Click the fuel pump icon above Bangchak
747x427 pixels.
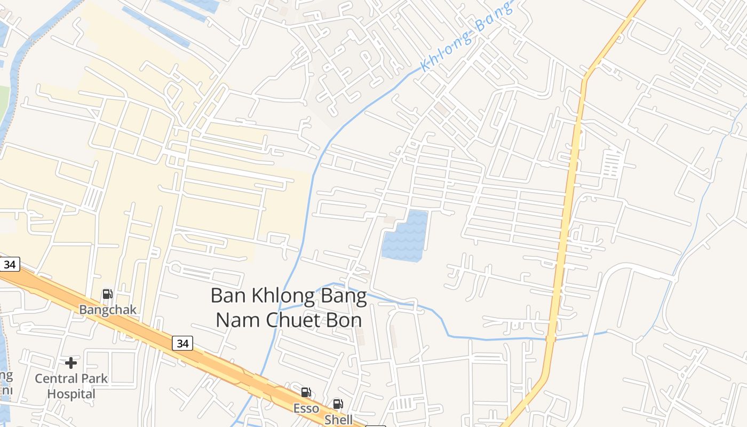[107, 294]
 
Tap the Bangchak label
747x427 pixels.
[108, 310]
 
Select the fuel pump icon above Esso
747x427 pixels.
[306, 393]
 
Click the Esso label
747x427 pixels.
[306, 408]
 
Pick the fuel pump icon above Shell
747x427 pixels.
[338, 404]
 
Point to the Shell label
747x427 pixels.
[339, 420]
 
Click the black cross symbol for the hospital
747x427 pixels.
[71, 363]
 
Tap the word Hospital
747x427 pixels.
[71, 394]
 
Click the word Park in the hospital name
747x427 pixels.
[93, 378]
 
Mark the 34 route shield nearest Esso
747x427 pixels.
[182, 343]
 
